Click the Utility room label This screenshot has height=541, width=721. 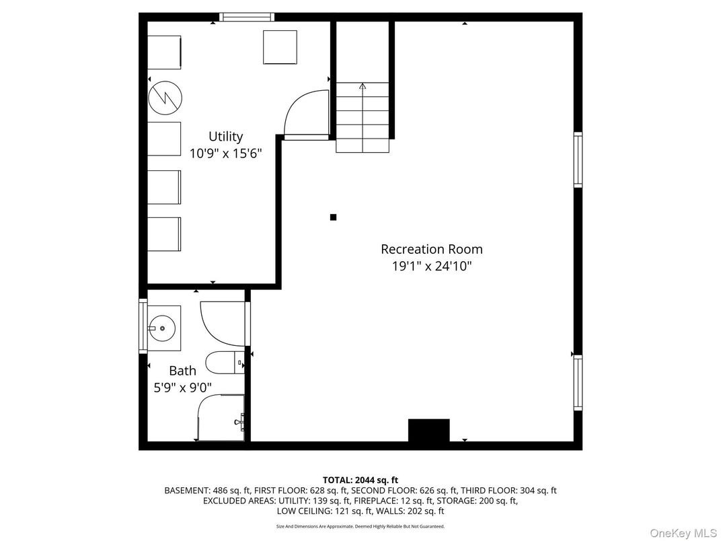(x=225, y=137)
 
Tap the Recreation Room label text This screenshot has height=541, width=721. (x=431, y=249)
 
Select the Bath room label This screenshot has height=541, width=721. (x=182, y=371)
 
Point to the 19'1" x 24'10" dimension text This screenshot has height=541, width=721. (x=431, y=266)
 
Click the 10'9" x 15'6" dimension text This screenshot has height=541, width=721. (x=225, y=153)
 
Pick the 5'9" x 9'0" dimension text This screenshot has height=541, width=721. (x=182, y=388)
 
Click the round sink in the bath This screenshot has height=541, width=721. (x=162, y=328)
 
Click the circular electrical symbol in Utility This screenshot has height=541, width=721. (x=165, y=98)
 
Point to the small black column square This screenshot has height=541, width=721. (x=333, y=217)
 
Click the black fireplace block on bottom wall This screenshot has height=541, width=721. (x=429, y=431)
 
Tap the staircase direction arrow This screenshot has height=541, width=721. (x=363, y=86)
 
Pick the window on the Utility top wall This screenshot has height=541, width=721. (x=247, y=17)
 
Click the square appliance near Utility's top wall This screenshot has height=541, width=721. (x=280, y=47)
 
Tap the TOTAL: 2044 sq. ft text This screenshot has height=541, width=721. (x=360, y=480)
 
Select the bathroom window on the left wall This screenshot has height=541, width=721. (x=143, y=326)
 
